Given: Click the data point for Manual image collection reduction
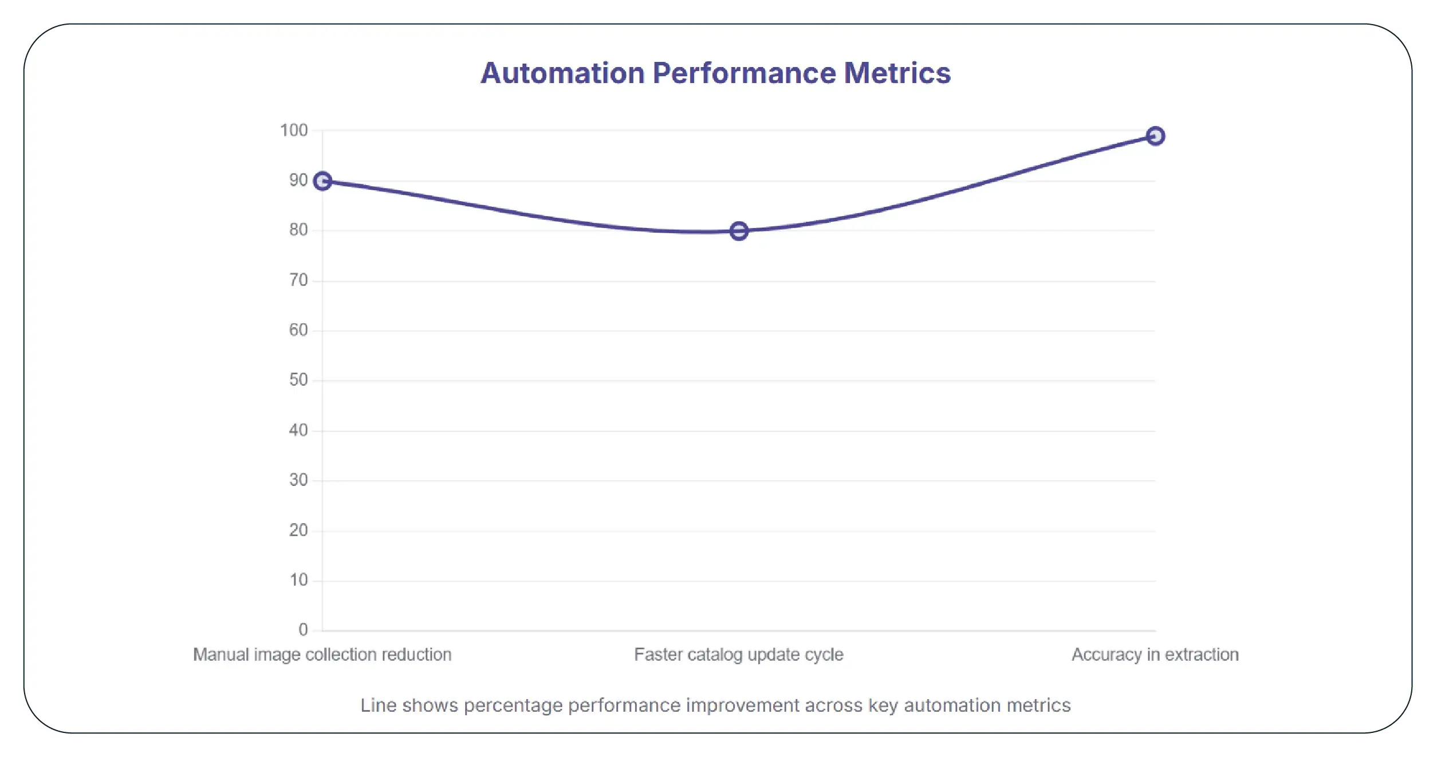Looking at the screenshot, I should (x=322, y=181).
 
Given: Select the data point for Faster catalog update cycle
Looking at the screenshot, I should (x=739, y=231).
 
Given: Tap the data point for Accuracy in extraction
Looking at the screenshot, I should (x=1155, y=136).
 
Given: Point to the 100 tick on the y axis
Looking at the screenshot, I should (x=294, y=130).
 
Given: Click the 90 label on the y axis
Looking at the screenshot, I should (x=298, y=181).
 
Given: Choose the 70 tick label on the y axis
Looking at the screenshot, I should (x=298, y=280).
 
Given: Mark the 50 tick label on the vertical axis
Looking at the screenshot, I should (x=298, y=380).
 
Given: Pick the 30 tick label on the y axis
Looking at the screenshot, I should (x=298, y=480).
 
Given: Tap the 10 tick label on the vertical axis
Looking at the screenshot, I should (x=298, y=580).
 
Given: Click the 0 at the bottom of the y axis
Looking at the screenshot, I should (x=303, y=630).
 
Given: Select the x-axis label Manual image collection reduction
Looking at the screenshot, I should (x=322, y=654).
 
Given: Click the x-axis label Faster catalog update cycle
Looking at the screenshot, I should (x=738, y=654).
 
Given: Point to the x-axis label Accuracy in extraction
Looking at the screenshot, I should (x=1155, y=654).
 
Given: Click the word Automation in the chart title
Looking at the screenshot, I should (x=562, y=73).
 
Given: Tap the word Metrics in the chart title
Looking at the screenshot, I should (x=897, y=73).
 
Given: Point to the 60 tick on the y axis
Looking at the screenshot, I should (x=298, y=330).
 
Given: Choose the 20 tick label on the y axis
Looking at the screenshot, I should (x=298, y=530).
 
